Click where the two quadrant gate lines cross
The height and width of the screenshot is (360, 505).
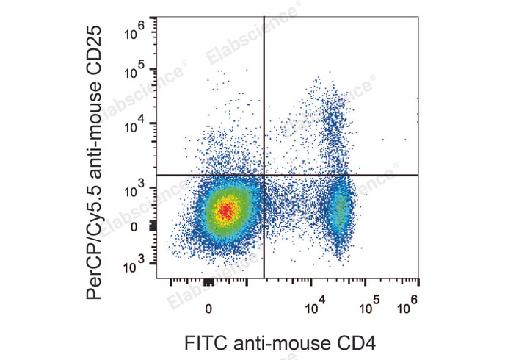click(264, 176)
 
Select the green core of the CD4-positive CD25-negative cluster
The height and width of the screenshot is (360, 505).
click(340, 209)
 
